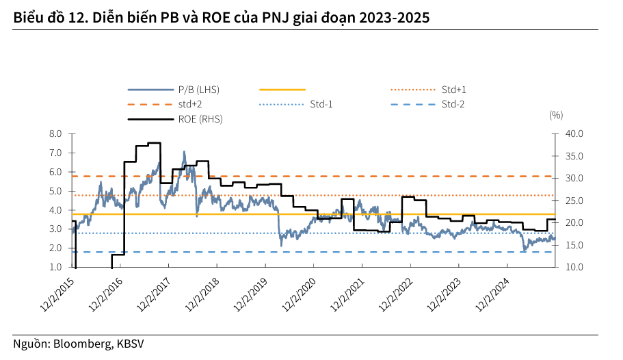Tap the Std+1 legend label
click(x=453, y=90)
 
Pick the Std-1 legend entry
click(x=321, y=104)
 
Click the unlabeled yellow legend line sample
click(x=282, y=90)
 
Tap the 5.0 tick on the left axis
click(x=55, y=191)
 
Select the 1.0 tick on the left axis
click(x=55, y=267)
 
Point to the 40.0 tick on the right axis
click(x=575, y=134)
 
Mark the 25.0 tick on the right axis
click(x=575, y=201)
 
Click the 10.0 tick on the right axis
click(x=575, y=267)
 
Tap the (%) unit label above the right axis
click(x=555, y=115)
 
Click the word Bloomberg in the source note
click(x=79, y=344)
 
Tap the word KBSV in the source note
click(x=130, y=344)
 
